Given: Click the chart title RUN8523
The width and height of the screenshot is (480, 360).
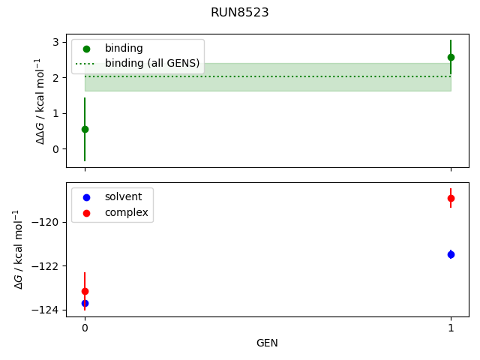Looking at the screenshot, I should (240, 13).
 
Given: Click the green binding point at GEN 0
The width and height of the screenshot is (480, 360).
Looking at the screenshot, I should (85, 129).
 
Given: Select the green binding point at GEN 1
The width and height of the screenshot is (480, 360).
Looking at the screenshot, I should (451, 57).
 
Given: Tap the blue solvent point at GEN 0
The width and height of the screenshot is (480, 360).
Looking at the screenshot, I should (85, 303).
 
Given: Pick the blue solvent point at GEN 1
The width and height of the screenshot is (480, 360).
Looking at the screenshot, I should (451, 254).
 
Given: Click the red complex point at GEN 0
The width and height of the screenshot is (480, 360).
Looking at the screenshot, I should (85, 291).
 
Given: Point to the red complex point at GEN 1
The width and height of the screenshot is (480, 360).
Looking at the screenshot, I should (451, 198).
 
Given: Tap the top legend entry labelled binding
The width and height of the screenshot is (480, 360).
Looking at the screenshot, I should (124, 48).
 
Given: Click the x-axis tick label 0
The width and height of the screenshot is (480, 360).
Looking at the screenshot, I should (85, 328).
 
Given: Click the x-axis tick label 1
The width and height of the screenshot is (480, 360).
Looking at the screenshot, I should (451, 328).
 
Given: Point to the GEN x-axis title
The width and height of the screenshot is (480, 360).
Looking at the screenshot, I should (268, 343).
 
